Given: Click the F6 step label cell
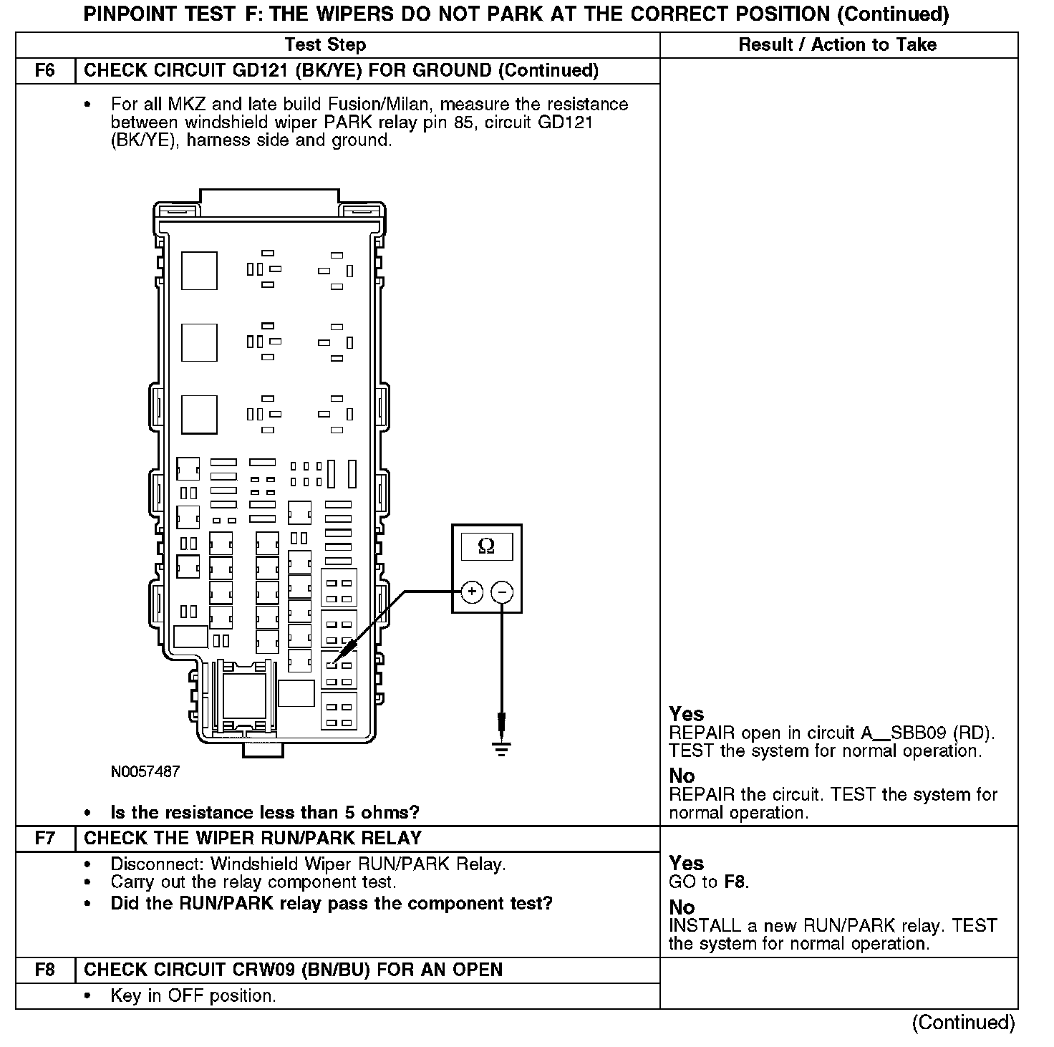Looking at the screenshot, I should pos(45,71).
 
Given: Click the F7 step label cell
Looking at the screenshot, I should pos(45,839).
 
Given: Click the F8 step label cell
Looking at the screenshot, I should pos(45,970).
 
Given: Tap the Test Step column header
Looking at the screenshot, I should pos(325,45).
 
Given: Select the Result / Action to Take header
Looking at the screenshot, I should pos(837,45).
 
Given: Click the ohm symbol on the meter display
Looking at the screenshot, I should pos(486,546).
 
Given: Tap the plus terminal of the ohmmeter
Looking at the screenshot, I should pos(472,592).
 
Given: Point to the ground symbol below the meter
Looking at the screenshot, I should pos(501,749).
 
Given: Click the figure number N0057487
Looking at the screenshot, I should pos(145,772).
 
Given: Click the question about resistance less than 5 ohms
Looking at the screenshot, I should pos(265,813).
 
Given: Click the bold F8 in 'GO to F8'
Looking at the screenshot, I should pos(735,882).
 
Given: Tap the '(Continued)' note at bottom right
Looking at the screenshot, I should pos(963,1023).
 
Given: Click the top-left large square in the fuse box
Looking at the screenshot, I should pos(199,270).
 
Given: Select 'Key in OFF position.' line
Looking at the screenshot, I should pos(193,996).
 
